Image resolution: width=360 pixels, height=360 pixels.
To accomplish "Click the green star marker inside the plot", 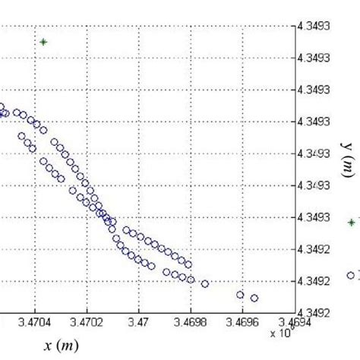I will pyautogui.click(x=43, y=42).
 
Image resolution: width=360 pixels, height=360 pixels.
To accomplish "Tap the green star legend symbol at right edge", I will pyautogui.click(x=351, y=223).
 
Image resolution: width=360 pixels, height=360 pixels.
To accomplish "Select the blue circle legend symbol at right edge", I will pyautogui.click(x=351, y=275).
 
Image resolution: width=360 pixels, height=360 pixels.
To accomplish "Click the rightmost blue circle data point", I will pyautogui.click(x=254, y=298).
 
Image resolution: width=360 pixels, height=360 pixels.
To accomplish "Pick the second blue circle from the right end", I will pyautogui.click(x=241, y=294).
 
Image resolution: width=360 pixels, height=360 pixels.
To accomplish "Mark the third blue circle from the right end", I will pyautogui.click(x=204, y=283).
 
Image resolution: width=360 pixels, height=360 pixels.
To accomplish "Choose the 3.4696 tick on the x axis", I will pyautogui.click(x=242, y=322).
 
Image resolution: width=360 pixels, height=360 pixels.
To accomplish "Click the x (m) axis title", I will pyautogui.click(x=59, y=346).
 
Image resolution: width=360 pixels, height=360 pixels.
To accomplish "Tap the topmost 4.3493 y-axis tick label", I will pyautogui.click(x=313, y=26).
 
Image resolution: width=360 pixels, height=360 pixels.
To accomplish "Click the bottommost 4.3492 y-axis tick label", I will pyautogui.click(x=313, y=312).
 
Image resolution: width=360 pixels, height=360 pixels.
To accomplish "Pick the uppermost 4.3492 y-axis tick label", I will pyautogui.click(x=313, y=248).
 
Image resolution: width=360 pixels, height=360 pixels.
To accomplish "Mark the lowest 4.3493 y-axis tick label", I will pyautogui.click(x=313, y=216).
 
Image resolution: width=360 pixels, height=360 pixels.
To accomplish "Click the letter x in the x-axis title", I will pyautogui.click(x=48, y=346).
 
